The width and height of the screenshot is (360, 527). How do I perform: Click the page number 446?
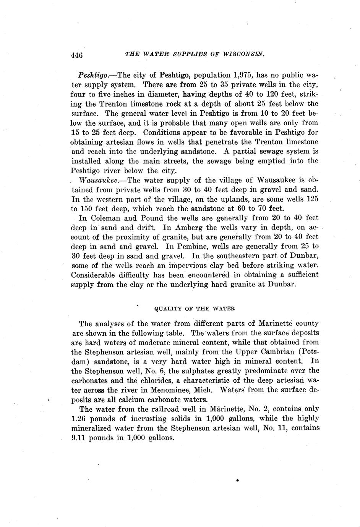click(77, 55)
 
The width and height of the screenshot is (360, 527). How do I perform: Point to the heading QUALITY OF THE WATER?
click(194, 308)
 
